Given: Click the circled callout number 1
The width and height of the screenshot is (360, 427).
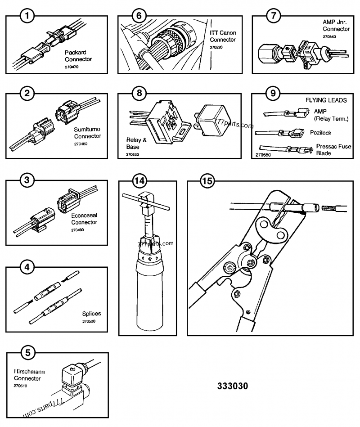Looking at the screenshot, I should [28, 17].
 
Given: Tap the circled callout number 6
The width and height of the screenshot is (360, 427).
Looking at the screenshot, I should [139, 17].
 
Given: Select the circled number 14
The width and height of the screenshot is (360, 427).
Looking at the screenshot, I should [140, 181].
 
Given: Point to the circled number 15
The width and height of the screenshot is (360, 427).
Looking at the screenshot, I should [207, 181].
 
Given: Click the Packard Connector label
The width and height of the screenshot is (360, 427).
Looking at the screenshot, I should [78, 56].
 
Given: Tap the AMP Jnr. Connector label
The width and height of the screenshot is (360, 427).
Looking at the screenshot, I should [336, 25].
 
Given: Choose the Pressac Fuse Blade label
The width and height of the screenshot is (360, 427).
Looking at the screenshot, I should [333, 150].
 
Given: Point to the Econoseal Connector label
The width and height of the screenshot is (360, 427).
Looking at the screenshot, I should [84, 219].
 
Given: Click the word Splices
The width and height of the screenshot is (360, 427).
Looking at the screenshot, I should [91, 314].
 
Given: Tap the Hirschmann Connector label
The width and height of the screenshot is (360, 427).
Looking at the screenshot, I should [29, 375].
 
